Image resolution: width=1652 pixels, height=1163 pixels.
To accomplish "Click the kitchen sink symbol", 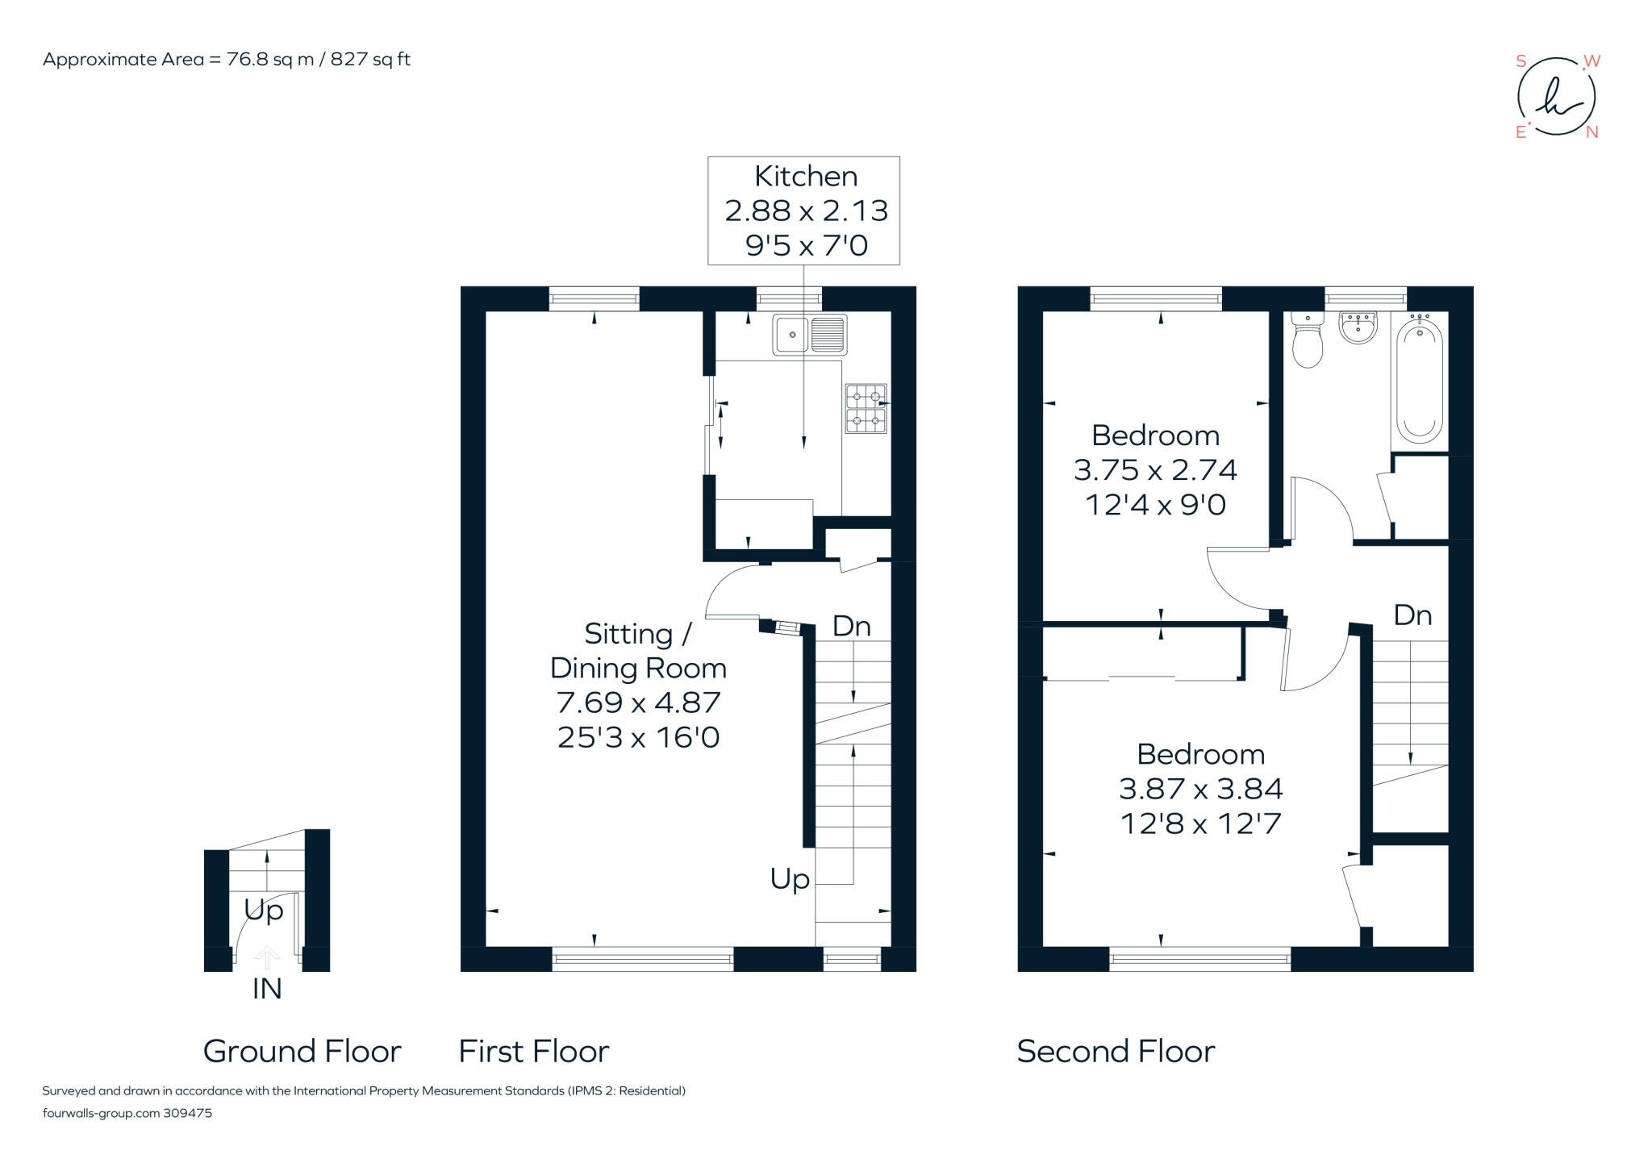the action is click(x=809, y=335).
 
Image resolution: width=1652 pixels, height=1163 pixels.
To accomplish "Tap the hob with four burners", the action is click(x=866, y=408).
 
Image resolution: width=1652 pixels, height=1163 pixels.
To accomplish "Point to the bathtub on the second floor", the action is click(x=1419, y=381).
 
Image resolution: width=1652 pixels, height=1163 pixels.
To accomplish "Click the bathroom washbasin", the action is click(x=1358, y=327).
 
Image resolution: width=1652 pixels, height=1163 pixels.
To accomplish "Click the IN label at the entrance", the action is click(x=267, y=989).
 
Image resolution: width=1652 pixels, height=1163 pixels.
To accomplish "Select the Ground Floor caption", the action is click(x=302, y=1051).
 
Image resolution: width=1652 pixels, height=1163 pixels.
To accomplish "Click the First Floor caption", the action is click(x=533, y=1051).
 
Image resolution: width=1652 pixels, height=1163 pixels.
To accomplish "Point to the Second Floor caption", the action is click(x=1116, y=1051).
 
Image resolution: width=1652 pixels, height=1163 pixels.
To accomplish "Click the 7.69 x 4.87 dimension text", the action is click(x=638, y=702).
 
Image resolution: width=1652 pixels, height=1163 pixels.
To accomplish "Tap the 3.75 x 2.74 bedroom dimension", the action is click(x=1155, y=469).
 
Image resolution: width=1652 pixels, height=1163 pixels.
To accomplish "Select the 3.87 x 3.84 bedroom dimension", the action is click(x=1200, y=789).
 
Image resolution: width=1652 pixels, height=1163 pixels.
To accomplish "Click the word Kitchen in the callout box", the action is click(x=805, y=176).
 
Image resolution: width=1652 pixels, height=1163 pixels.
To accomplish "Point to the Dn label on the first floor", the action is click(x=851, y=626).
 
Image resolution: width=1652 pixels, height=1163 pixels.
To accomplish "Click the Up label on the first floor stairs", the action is click(x=790, y=878).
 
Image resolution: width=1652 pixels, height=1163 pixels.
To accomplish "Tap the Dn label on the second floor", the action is click(x=1412, y=615).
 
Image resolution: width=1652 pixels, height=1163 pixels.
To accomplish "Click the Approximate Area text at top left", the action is click(x=226, y=59).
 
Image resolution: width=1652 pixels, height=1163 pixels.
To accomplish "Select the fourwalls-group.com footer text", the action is click(x=127, y=1113).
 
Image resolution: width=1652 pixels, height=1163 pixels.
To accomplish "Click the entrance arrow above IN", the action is click(x=267, y=957).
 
